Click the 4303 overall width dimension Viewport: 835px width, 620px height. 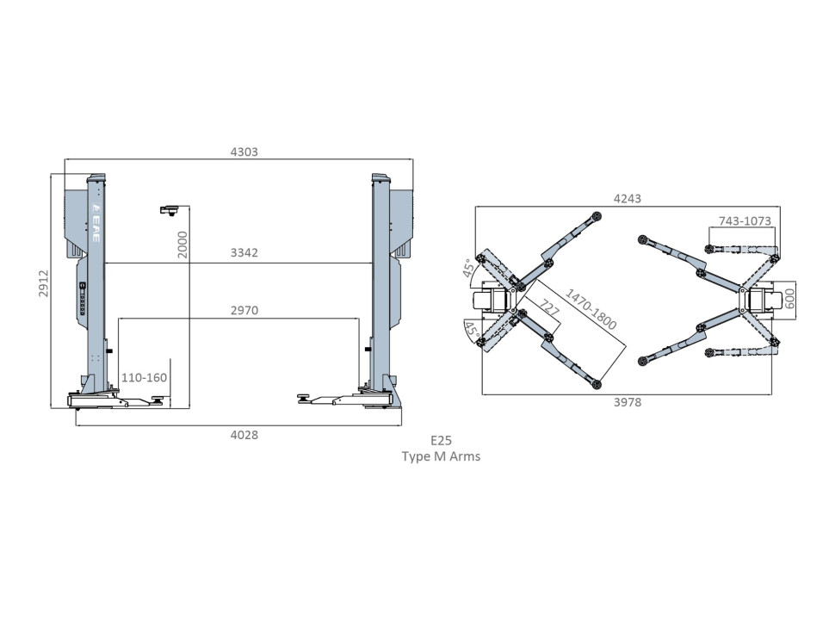tap(244, 152)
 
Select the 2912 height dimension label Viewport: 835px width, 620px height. tap(44, 283)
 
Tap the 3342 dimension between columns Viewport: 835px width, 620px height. tap(244, 252)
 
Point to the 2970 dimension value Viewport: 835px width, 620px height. tap(244, 310)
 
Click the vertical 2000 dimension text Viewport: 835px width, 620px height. tap(182, 245)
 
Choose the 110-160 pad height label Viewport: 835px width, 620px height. tap(144, 378)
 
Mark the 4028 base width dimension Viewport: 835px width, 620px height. tap(244, 435)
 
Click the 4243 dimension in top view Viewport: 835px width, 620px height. tap(628, 199)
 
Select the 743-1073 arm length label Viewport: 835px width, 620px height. tap(745, 220)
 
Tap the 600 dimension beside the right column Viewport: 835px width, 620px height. tap(790, 299)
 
